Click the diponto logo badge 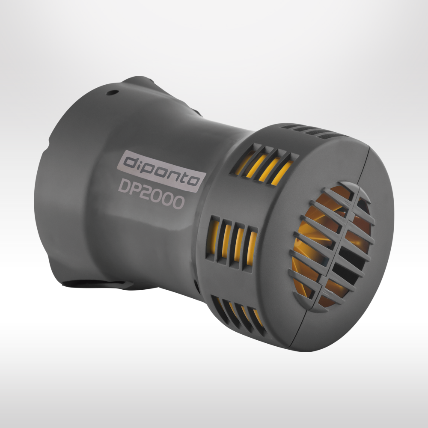[161, 171]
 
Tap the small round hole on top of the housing [112, 92]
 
